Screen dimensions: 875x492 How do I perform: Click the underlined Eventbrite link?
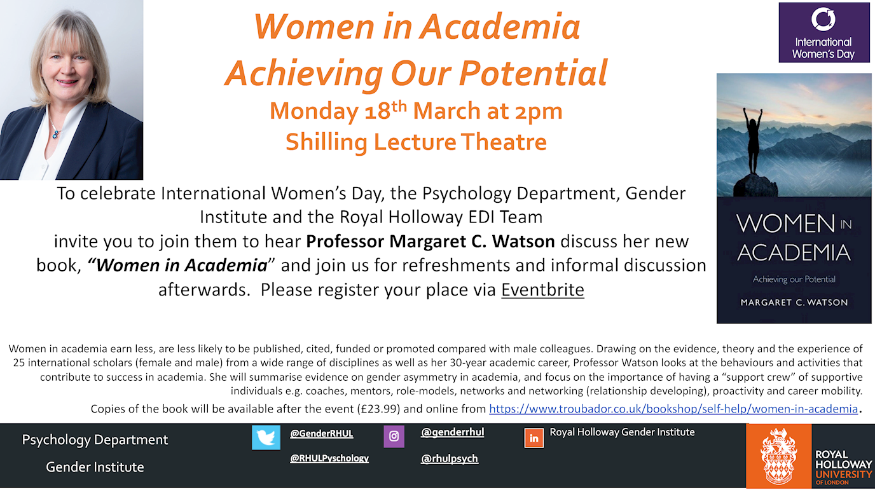(x=542, y=290)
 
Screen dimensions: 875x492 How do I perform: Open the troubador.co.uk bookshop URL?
(x=673, y=409)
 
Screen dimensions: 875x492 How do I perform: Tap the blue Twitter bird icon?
(x=266, y=438)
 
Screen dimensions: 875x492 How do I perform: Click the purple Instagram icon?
(x=394, y=436)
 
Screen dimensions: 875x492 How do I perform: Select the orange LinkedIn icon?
(x=534, y=438)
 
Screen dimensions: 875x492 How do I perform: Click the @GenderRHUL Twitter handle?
(x=322, y=434)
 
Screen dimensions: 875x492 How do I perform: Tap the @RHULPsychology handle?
(x=329, y=458)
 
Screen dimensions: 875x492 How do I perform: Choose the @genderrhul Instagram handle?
(x=452, y=432)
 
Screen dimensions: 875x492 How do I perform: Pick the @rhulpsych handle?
(x=449, y=458)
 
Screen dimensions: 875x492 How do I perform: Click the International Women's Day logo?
(x=824, y=32)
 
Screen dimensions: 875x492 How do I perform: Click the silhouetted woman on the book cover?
(x=752, y=140)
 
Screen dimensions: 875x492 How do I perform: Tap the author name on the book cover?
(x=794, y=303)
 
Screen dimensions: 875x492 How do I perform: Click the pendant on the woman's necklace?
(x=56, y=134)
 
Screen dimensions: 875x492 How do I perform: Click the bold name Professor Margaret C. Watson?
(x=431, y=242)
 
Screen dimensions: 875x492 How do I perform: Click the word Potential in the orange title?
(x=534, y=73)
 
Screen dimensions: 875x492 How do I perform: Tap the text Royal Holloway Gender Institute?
(x=623, y=432)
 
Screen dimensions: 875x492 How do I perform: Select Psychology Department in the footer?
(x=95, y=440)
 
